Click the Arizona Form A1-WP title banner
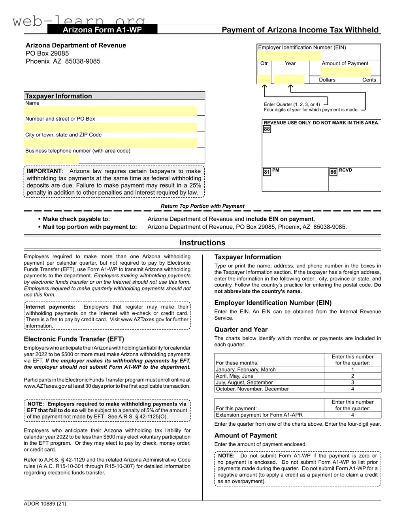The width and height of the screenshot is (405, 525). [102, 30]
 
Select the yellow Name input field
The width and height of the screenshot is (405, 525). [111, 111]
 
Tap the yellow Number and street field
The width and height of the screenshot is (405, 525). [111, 127]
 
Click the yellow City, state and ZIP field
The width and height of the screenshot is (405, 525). [111, 143]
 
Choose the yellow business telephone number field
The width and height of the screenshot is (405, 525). [51, 159]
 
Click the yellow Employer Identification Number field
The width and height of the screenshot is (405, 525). [289, 55]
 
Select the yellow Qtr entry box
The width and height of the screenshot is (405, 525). [264, 80]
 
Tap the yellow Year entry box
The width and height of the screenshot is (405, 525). [289, 80]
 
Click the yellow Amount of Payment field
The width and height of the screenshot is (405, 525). [345, 72]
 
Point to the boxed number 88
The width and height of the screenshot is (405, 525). [267, 129]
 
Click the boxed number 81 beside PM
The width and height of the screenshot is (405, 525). [267, 172]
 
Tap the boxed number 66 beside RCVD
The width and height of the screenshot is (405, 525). [333, 172]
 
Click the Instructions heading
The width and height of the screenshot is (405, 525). [202, 243]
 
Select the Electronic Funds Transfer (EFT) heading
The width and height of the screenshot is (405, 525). [74, 339]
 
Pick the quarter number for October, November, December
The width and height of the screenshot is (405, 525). [352, 389]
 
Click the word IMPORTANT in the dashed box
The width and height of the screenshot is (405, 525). [44, 171]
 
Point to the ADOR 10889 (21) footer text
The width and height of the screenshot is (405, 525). [45, 504]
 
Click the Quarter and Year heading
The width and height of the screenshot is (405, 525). [241, 330]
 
